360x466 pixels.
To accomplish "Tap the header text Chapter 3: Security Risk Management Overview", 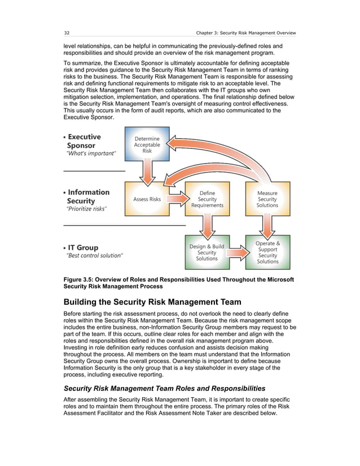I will pos(245,32).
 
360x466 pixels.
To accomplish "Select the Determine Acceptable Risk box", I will pos(147,145).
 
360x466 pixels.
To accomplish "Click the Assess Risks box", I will pos(147,199).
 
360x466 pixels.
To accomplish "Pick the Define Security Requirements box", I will pos(207,199).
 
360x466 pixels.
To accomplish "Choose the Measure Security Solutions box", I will pos(267,199).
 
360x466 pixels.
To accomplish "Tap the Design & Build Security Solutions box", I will pos(207,252).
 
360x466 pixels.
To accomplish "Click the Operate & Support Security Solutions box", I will pos(267,252).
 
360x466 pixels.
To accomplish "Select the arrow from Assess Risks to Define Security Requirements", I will pos(177,199).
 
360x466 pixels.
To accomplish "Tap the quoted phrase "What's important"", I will pos(91,153).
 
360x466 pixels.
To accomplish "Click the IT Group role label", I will pos(82,247).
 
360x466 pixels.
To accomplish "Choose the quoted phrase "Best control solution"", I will pos(94,256).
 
